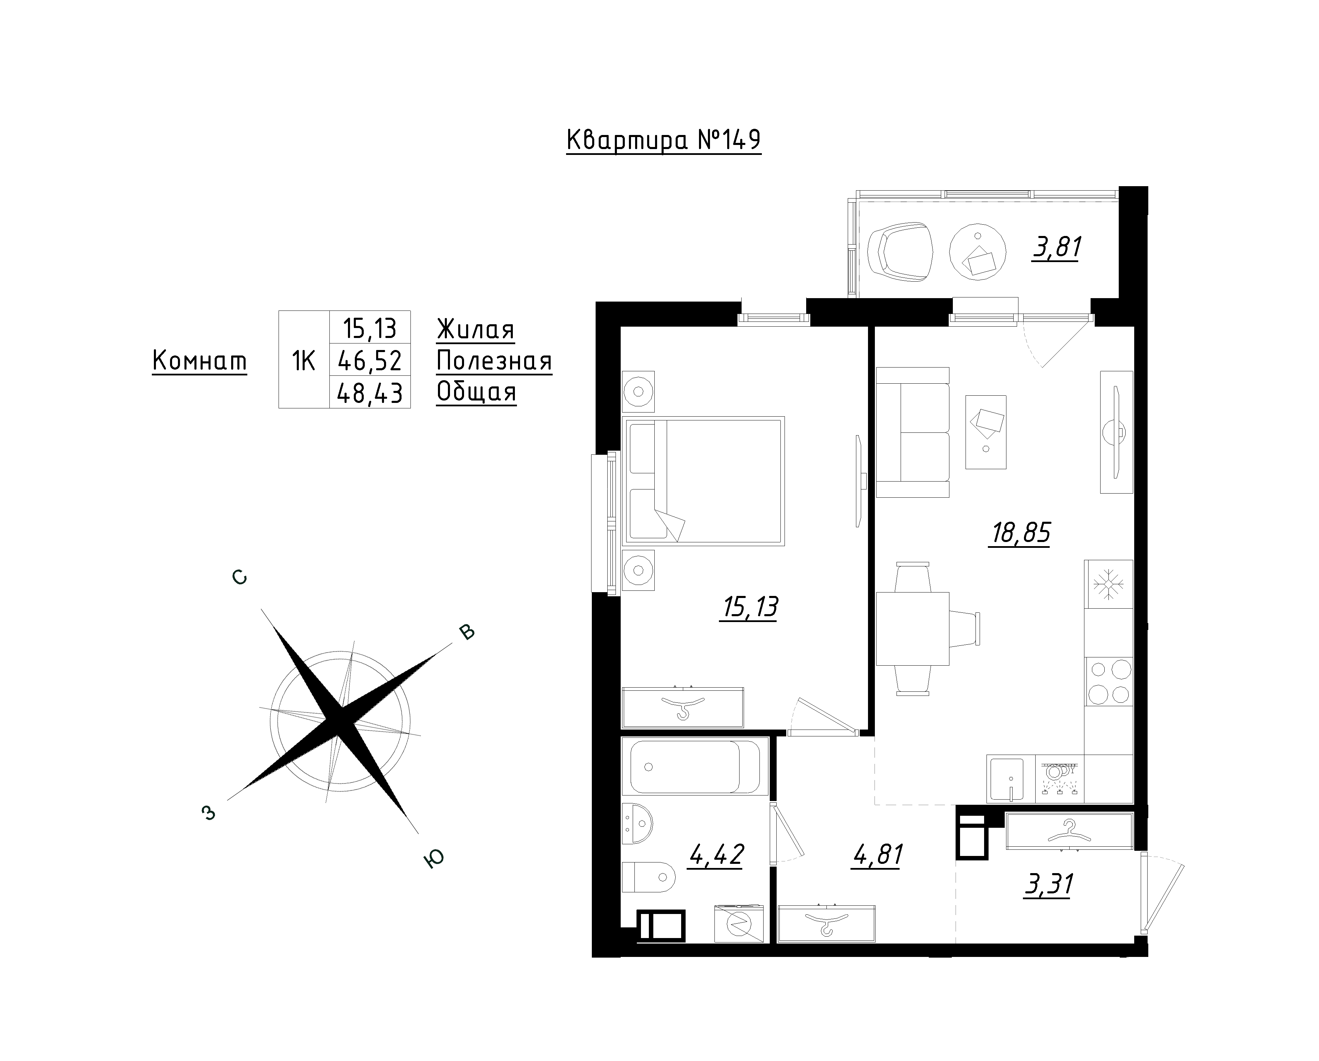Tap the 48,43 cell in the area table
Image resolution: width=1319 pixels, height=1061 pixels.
pos(370,392)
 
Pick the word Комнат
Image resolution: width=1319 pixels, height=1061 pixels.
pos(200,361)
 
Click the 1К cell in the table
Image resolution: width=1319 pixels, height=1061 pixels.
pos(304,361)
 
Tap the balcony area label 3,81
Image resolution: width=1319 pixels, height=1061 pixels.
pos(1057,247)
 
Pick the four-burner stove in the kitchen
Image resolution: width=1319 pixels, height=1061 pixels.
pos(1108,682)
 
